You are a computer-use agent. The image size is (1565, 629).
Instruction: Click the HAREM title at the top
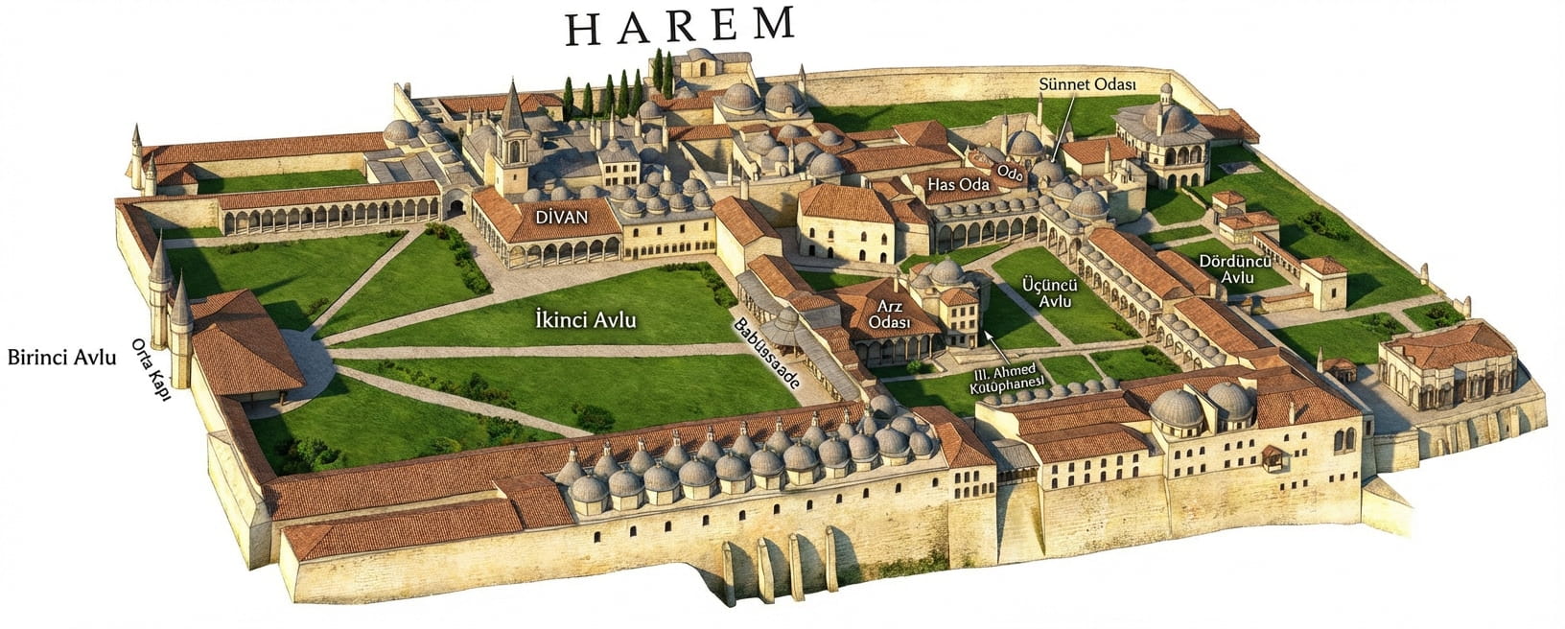pyautogui.click(x=680, y=26)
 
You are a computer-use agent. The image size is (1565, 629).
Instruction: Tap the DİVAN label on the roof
pyautogui.click(x=561, y=218)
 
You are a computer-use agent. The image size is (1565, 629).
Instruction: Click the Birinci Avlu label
pyautogui.click(x=62, y=358)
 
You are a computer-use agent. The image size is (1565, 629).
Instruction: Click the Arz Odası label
pyautogui.click(x=888, y=314)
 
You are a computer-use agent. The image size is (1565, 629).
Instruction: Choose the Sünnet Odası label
pyautogui.click(x=1086, y=84)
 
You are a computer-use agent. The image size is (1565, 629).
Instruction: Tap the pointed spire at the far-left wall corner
pyautogui.click(x=137, y=144)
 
